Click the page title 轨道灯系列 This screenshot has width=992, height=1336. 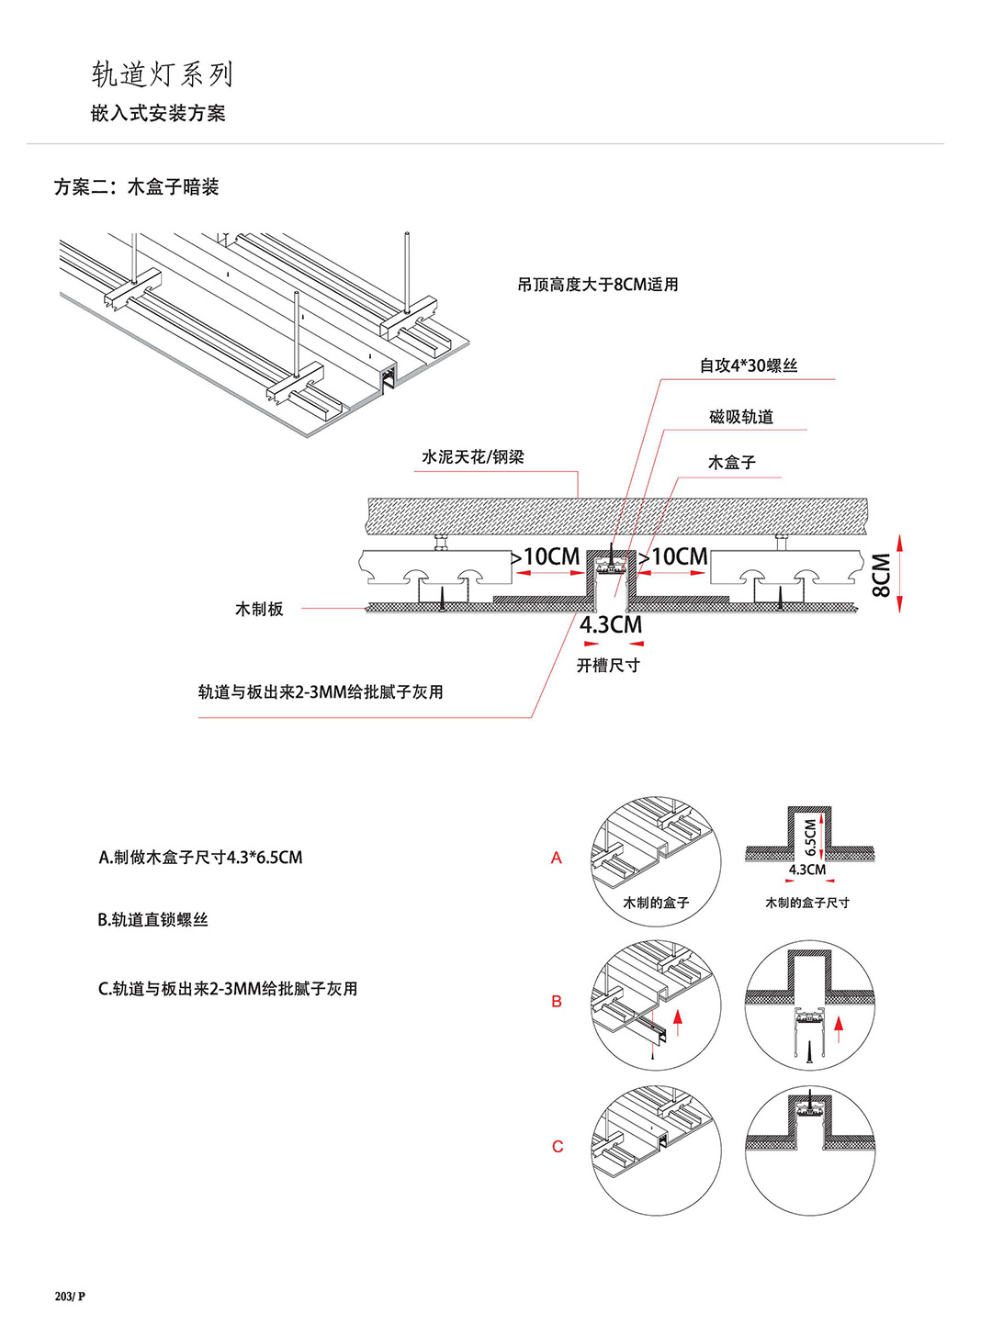pyautogui.click(x=163, y=74)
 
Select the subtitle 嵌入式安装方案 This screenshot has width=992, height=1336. pyautogui.click(x=158, y=114)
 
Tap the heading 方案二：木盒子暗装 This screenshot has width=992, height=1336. pyautogui.click(x=136, y=187)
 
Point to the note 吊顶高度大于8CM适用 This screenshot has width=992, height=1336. pyautogui.click(x=597, y=285)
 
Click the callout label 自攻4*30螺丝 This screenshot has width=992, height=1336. pyautogui.click(x=749, y=365)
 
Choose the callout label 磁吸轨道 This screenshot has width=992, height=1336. pyautogui.click(x=741, y=417)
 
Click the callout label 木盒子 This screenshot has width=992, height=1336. pyautogui.click(x=731, y=463)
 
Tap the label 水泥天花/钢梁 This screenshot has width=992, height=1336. pyautogui.click(x=473, y=457)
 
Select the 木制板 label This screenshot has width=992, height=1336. pyautogui.click(x=259, y=609)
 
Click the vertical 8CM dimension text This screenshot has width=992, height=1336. pyautogui.click(x=881, y=575)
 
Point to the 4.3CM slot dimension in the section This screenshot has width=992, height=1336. pyautogui.click(x=611, y=625)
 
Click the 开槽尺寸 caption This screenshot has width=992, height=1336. pyautogui.click(x=608, y=665)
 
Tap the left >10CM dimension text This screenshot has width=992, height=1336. pyautogui.click(x=546, y=557)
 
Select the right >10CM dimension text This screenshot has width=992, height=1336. pyautogui.click(x=673, y=557)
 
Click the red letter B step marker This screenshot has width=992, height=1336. pyautogui.click(x=557, y=1002)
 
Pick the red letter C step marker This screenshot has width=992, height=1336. pyautogui.click(x=558, y=1147)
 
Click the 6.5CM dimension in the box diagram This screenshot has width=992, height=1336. pyautogui.click(x=810, y=835)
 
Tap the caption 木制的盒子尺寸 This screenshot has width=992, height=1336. pyautogui.click(x=807, y=904)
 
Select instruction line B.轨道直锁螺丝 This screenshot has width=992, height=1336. pyautogui.click(x=153, y=920)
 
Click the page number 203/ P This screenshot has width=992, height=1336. pyautogui.click(x=70, y=1297)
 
